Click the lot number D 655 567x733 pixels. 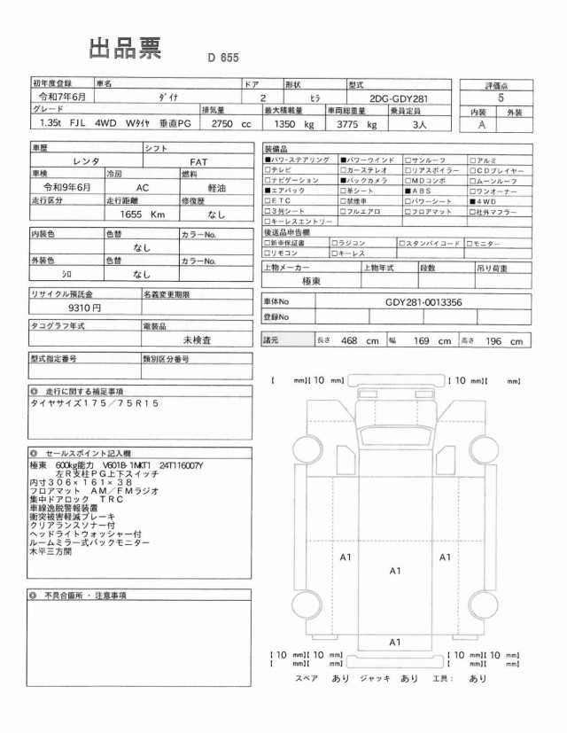pos(226,58)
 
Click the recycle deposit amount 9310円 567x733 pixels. pos(84,308)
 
